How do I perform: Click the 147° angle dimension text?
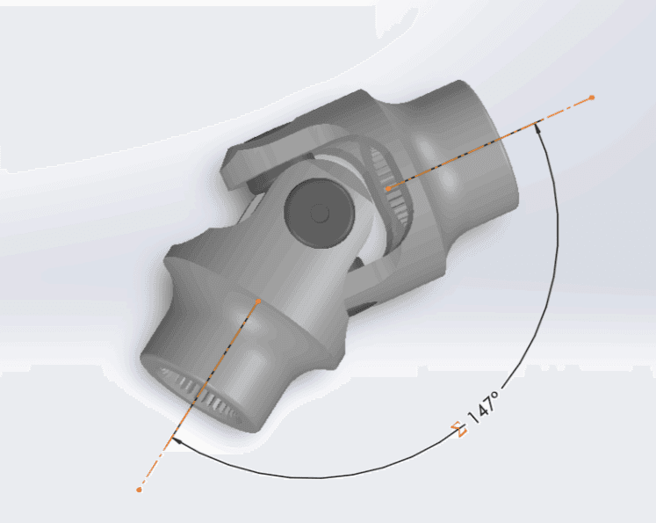click(484, 408)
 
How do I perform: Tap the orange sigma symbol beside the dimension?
click(459, 430)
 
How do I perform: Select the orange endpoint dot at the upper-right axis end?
click(592, 98)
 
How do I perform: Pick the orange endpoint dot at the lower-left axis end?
click(140, 490)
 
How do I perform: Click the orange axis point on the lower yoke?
click(258, 301)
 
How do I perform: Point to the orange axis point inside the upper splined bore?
click(389, 188)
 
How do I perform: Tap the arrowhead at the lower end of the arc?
click(177, 441)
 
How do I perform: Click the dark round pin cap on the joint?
click(319, 212)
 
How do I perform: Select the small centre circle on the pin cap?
click(320, 214)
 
